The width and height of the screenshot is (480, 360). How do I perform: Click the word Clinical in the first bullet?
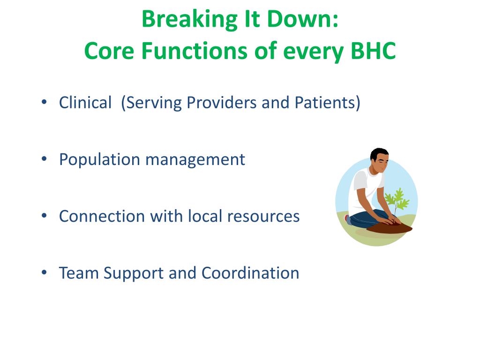pyautogui.click(x=85, y=102)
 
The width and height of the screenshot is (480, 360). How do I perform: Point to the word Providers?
pyautogui.click(x=222, y=102)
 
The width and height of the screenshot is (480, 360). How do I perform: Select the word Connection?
pyautogui.click(x=102, y=216)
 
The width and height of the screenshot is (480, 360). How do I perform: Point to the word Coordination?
pyautogui.click(x=250, y=273)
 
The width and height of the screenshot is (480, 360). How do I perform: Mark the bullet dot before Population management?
pyautogui.click(x=45, y=159)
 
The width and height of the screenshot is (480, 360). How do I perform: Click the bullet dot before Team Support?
pyautogui.click(x=45, y=272)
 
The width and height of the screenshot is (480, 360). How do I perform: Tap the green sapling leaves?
pyautogui.click(x=397, y=198)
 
